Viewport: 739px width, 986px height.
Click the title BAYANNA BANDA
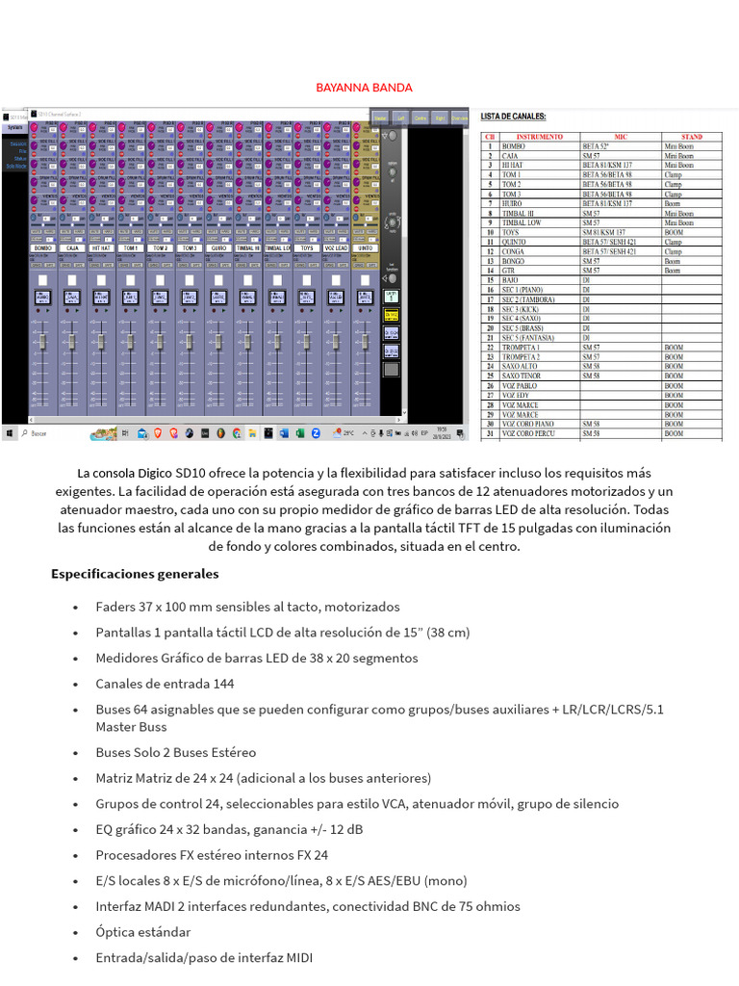point(365,88)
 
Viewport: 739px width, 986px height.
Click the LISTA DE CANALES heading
point(519,116)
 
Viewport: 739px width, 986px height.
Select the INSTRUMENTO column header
point(540,137)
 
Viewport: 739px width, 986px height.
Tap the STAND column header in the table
point(692,137)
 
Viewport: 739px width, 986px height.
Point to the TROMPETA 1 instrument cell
point(521,347)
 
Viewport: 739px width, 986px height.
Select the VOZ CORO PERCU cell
point(528,433)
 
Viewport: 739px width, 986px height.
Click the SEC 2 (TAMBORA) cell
point(528,299)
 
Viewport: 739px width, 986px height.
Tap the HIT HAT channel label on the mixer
point(101,247)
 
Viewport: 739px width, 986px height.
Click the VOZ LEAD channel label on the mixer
point(336,247)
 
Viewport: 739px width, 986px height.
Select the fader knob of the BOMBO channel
point(42,343)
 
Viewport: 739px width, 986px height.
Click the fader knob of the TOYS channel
point(307,343)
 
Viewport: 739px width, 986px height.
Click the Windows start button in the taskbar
point(9,434)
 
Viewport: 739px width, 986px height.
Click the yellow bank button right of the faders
point(392,314)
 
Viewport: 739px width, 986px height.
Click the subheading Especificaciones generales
point(135,574)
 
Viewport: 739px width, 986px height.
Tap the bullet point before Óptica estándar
point(76,932)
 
